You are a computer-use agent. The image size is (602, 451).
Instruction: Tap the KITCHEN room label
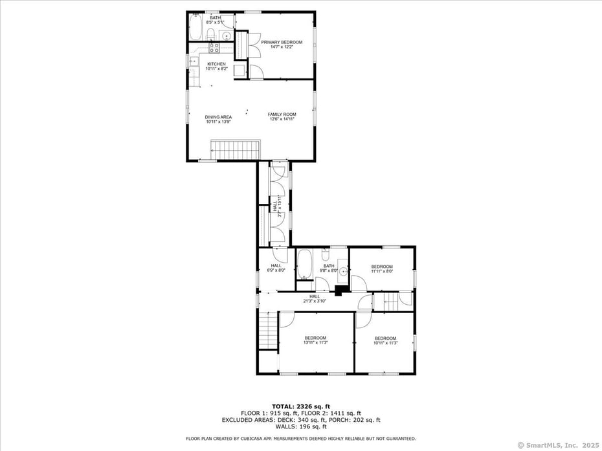point(216,64)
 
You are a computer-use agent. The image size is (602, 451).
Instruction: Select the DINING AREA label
point(218,117)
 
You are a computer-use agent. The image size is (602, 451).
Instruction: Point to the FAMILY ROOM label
point(282,115)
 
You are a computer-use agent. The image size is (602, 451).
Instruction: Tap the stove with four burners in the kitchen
point(214,47)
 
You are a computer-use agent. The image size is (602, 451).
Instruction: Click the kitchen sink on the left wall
point(193,61)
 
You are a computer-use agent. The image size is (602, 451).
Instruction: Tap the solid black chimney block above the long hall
point(338,291)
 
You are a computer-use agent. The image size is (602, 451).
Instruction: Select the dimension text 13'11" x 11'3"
point(316,342)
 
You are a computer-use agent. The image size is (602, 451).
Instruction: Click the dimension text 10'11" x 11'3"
point(385,343)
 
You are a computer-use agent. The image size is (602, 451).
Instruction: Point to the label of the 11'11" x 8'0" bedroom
point(382,267)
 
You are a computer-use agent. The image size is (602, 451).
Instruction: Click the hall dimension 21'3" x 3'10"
point(315,301)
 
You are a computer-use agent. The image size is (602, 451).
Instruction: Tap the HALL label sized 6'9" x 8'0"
point(276,266)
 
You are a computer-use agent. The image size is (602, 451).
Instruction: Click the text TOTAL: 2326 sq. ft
point(301,406)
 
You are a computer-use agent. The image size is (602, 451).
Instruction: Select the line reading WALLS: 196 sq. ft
point(301,427)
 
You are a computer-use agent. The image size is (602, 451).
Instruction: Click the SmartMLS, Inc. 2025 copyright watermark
point(557,445)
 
